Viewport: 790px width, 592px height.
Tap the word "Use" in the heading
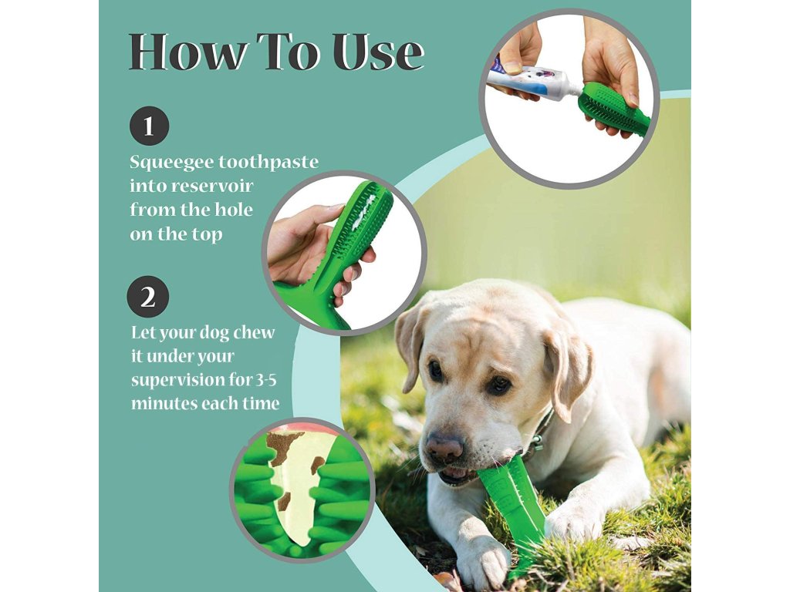[379, 52]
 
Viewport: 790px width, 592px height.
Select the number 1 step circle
[149, 126]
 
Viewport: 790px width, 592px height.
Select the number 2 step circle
[148, 297]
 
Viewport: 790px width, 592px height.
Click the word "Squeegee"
[171, 163]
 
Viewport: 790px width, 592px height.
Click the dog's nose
[444, 446]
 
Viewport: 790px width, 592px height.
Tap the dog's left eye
[435, 371]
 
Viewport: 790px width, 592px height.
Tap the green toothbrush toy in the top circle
[615, 107]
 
